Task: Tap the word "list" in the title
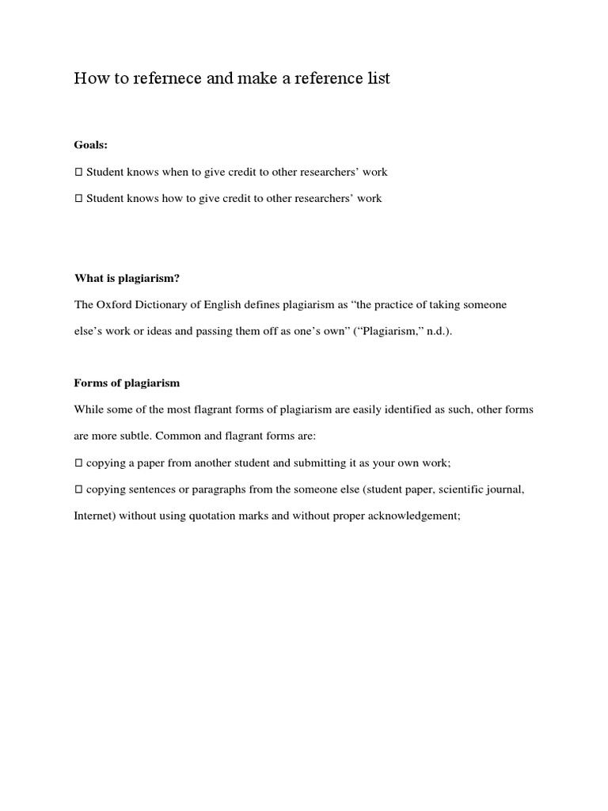coord(378,78)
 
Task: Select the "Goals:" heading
coord(91,145)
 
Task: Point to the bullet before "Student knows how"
coord(78,199)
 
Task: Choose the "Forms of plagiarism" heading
coord(127,383)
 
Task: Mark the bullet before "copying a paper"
coord(78,463)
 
